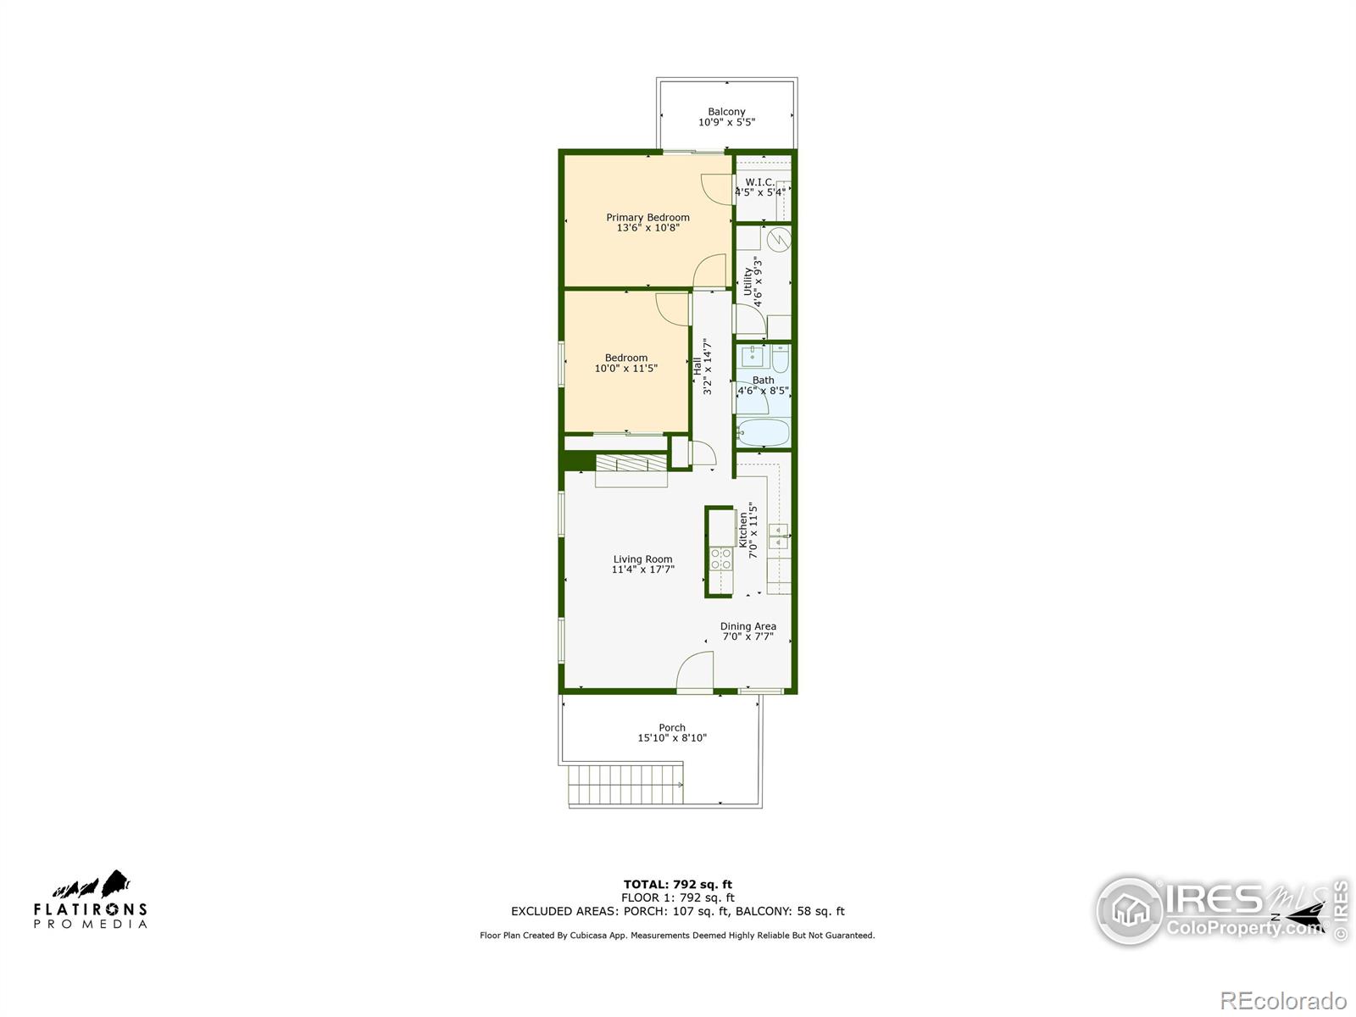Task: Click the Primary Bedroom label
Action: pos(647,218)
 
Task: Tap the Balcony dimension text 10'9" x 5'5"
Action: pos(726,123)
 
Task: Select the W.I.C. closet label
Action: pos(759,182)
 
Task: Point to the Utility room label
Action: pos(747,281)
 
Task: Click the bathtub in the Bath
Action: pos(763,433)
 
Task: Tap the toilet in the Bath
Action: pos(781,359)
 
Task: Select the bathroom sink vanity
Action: pos(751,355)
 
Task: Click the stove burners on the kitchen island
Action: pos(721,559)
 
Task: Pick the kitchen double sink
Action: pos(778,536)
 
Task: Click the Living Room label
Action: pos(642,559)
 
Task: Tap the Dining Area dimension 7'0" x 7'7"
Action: pos(747,636)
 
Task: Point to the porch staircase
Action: pos(625,784)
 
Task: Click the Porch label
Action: pos(672,728)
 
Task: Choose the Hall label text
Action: pos(697,366)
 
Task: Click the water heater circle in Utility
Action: pos(780,239)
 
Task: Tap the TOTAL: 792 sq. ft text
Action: pos(677,885)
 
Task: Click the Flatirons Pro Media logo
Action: pos(91,900)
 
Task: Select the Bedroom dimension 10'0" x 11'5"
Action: pos(625,369)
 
